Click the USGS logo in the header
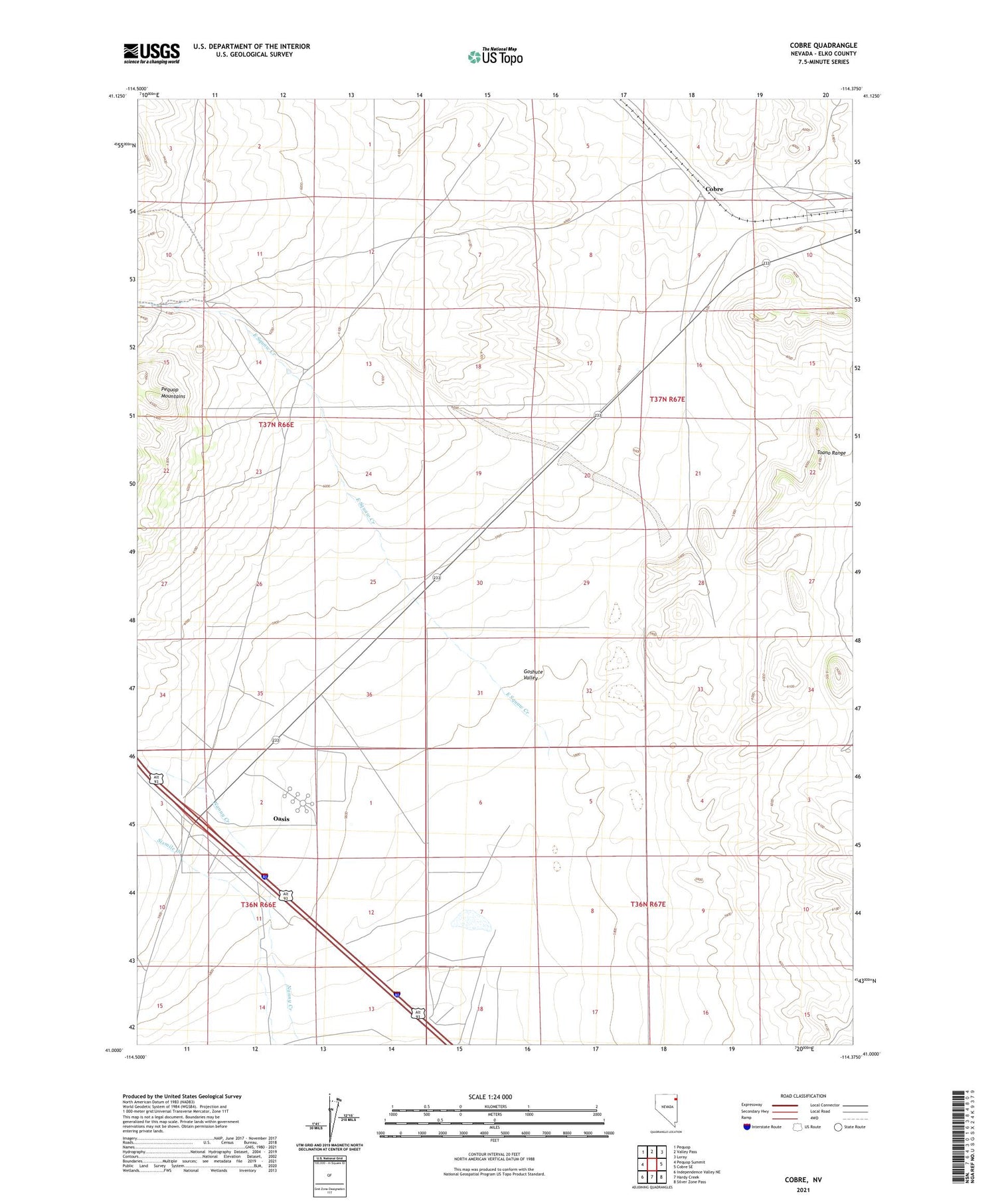point(151,53)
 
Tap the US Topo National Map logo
point(495,57)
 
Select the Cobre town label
point(714,189)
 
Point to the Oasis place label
point(281,819)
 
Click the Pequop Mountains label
point(173,392)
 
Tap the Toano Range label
point(831,453)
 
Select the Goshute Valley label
point(533,675)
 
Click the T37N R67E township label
point(667,399)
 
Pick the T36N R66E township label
point(258,904)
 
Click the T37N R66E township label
point(276,424)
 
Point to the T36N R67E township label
point(647,904)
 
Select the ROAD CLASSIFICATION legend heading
point(803,1096)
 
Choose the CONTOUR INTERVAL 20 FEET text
point(494,1155)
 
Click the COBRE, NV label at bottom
point(803,1180)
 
